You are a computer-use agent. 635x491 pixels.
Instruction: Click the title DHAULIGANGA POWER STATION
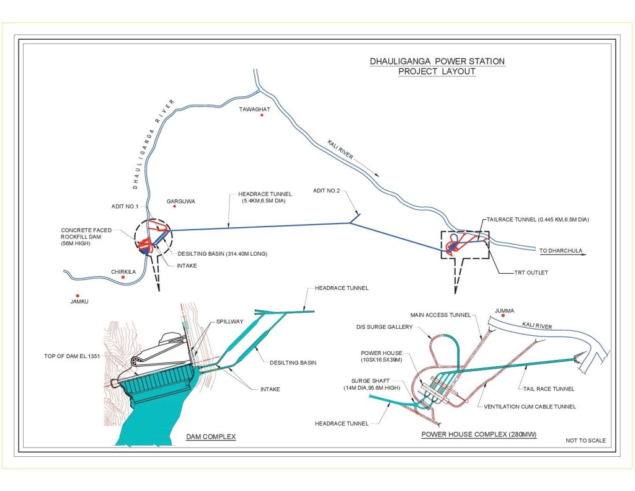click(x=437, y=61)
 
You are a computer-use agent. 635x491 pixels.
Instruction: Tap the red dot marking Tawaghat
click(x=262, y=115)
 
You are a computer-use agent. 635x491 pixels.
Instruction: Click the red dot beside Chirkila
click(x=123, y=277)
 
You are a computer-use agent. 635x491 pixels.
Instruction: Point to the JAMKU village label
click(x=81, y=302)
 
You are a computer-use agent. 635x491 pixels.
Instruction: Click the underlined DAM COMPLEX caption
click(x=211, y=437)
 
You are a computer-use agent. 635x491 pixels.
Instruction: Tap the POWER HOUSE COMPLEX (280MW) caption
click(x=479, y=435)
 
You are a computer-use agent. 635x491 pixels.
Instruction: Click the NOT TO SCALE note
click(x=585, y=441)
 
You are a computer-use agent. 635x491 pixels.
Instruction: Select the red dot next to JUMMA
click(x=504, y=315)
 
